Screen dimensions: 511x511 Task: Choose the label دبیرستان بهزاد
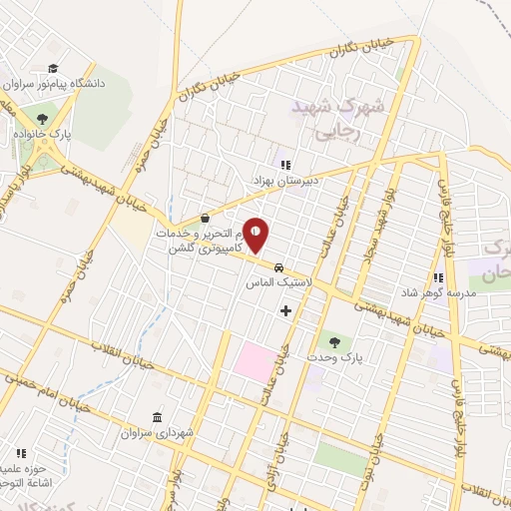click(284, 182)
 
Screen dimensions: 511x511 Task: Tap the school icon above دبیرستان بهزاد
click(284, 165)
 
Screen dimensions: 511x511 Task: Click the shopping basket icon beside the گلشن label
click(205, 218)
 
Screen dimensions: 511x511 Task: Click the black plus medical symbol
click(286, 310)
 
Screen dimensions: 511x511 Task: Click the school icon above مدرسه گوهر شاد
click(437, 277)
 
